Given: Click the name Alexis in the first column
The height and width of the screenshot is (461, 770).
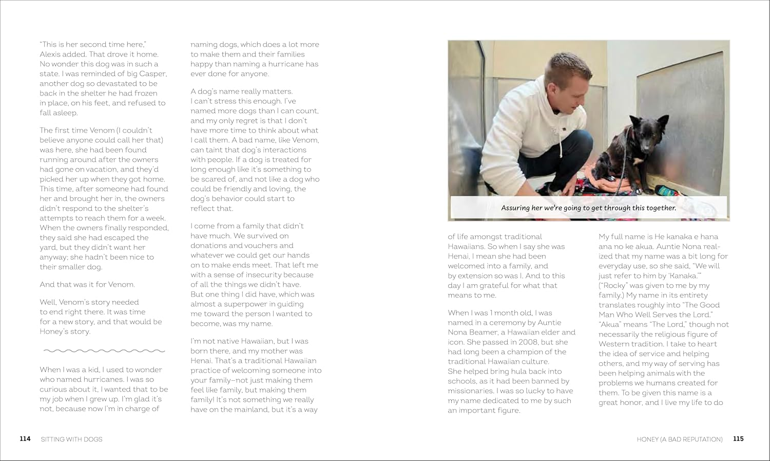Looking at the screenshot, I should pos(51,54).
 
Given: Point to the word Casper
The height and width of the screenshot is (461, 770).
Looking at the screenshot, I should pos(153,74).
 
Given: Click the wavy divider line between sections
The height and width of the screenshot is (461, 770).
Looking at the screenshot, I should pos(104,351).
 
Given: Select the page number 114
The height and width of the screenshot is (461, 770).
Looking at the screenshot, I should pos(25,439).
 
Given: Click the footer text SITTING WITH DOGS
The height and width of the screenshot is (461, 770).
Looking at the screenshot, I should pos(71,439).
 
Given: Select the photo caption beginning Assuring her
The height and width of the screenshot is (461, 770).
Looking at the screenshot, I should pos(588,208).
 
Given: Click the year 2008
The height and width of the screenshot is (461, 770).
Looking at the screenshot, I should pos(529,342).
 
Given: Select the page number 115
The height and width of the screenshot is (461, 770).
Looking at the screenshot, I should pos(738,439).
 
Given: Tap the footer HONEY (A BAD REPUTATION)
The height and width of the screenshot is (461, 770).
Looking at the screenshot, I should pos(679,439).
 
